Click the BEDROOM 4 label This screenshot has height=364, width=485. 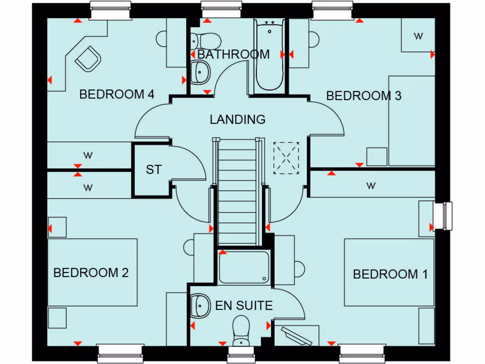(117, 94)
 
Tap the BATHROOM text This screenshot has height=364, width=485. (234, 55)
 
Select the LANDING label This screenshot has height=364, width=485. (238, 119)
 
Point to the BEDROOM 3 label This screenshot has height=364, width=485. (364, 96)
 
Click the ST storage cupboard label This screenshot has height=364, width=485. (153, 170)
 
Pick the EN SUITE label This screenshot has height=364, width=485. (244, 306)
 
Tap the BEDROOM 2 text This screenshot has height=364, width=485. (91, 273)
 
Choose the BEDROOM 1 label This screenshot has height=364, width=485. (390, 274)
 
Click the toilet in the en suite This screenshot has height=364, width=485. (241, 329)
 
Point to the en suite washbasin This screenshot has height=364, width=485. (200, 306)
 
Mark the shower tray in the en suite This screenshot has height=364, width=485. (244, 267)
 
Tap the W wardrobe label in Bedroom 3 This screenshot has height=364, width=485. (418, 36)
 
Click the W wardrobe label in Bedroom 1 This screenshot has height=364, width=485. (371, 186)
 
